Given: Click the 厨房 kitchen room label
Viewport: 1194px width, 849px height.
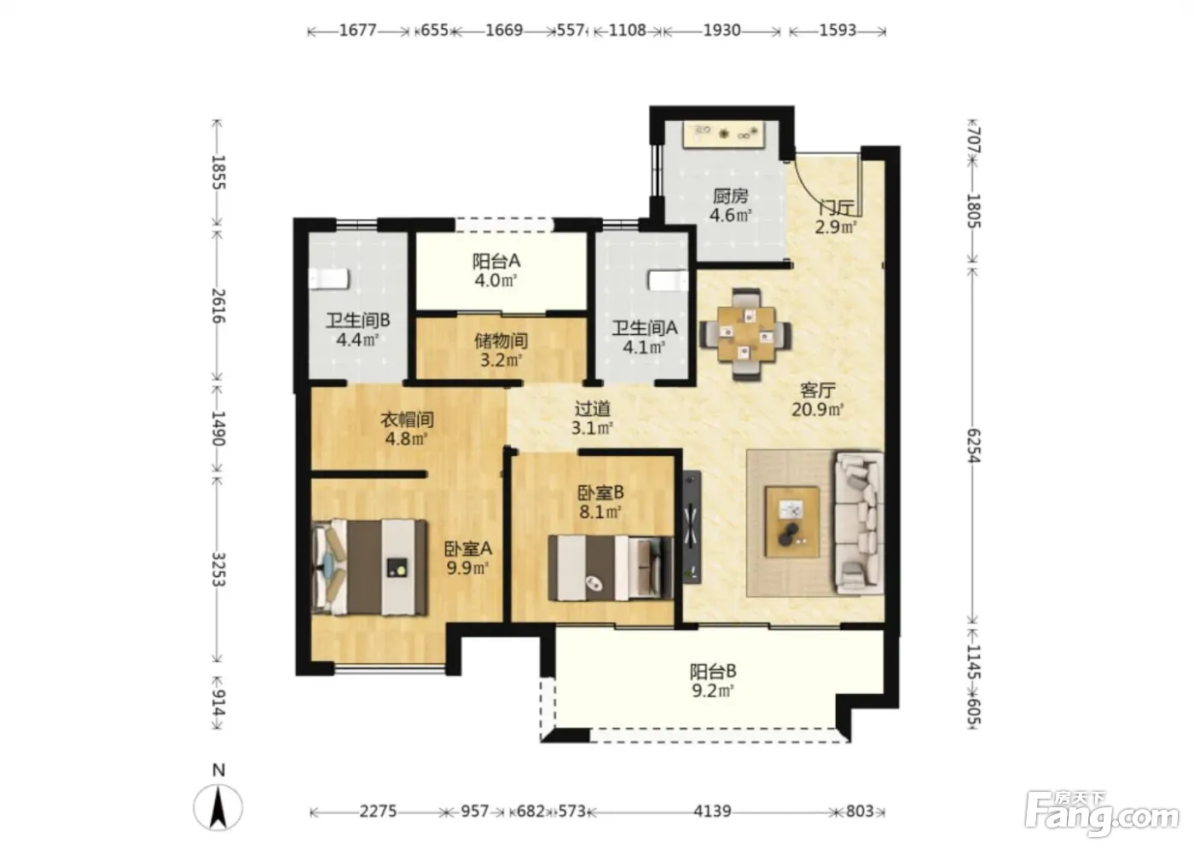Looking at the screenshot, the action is pos(730,197).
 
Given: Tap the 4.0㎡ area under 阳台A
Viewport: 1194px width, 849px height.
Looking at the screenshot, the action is pos(496,280).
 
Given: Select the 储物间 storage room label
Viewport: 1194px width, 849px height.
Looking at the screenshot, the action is pos(501,341).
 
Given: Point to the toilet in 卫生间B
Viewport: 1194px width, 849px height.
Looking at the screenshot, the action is pos(329,279).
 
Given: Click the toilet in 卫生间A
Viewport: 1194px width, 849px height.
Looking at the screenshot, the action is pos(668,280).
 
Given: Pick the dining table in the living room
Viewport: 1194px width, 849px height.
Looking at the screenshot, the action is pos(745,334).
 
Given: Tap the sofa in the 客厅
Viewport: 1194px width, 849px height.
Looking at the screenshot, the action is pos(859,523).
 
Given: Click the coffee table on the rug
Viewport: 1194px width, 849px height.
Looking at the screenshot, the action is pos(792,522).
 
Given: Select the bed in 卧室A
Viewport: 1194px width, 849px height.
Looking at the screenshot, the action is pos(369,567).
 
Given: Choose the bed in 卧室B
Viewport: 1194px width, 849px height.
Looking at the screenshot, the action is pos(611,568).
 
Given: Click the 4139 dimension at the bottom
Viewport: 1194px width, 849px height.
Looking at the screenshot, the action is pos(712,811).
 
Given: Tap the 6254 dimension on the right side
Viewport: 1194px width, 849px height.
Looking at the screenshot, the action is pos(973,446).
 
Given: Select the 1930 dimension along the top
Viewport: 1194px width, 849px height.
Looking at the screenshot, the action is pos(722,31).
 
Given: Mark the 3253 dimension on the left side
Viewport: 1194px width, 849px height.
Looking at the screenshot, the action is pos(218,570).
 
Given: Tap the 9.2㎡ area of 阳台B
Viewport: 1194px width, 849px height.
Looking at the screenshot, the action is pos(713,690).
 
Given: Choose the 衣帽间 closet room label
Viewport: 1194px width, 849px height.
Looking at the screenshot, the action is pos(407,419).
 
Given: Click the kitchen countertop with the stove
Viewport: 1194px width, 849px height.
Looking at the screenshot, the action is pos(724,134).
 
